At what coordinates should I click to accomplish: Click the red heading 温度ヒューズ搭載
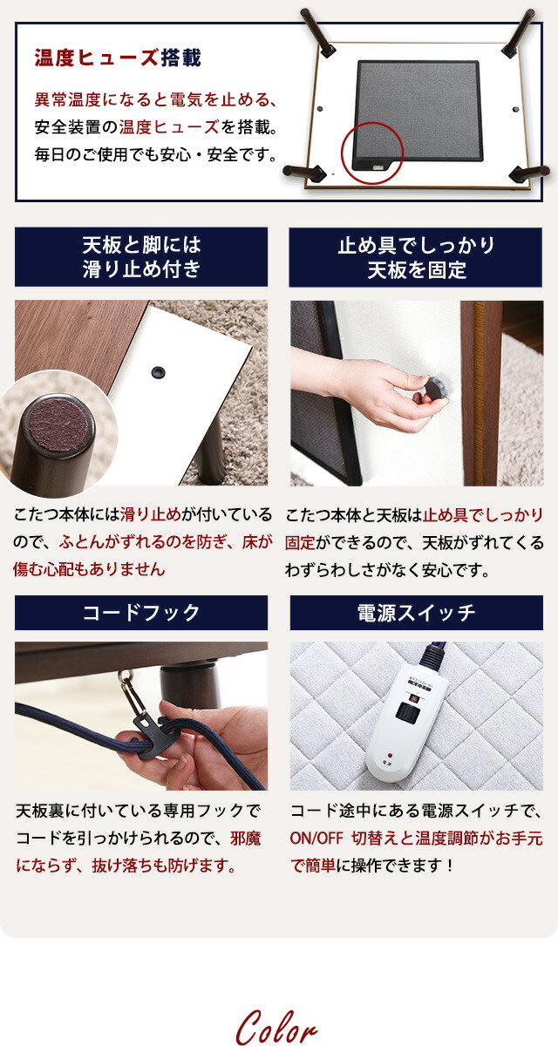click(118, 58)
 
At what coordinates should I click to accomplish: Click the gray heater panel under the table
click(418, 110)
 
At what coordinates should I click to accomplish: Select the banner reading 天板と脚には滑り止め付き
click(141, 257)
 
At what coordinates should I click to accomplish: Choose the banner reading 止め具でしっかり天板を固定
click(416, 257)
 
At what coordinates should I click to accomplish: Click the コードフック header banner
click(141, 613)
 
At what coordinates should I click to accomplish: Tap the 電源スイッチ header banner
click(417, 613)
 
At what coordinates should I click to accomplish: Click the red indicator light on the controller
click(390, 755)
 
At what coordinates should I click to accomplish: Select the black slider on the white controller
click(405, 710)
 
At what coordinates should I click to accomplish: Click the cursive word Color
click(276, 1028)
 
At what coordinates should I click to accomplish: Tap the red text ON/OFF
click(316, 839)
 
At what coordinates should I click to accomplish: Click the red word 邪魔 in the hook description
click(246, 839)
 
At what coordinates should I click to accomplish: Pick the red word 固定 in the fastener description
click(300, 542)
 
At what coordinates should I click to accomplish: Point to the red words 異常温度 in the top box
click(68, 99)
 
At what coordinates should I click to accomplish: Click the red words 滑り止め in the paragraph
click(150, 514)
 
